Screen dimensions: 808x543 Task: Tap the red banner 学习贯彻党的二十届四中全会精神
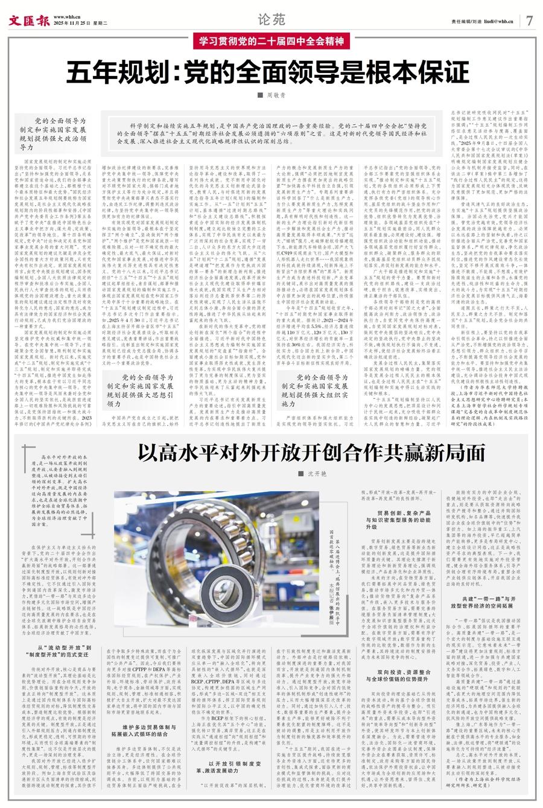click(x=271, y=42)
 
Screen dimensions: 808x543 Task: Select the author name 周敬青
click(x=273, y=95)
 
